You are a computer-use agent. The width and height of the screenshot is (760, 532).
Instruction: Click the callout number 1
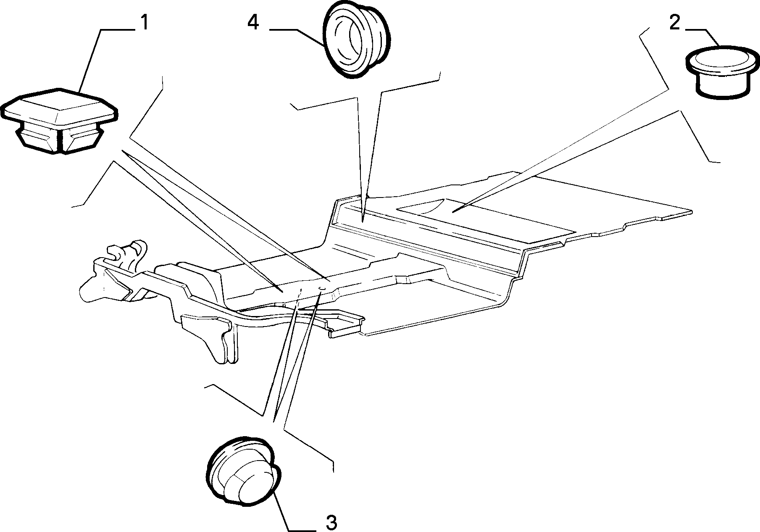click(x=144, y=23)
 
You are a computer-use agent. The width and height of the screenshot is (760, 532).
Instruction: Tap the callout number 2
click(x=674, y=23)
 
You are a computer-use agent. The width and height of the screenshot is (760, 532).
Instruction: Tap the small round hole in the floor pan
click(x=322, y=288)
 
